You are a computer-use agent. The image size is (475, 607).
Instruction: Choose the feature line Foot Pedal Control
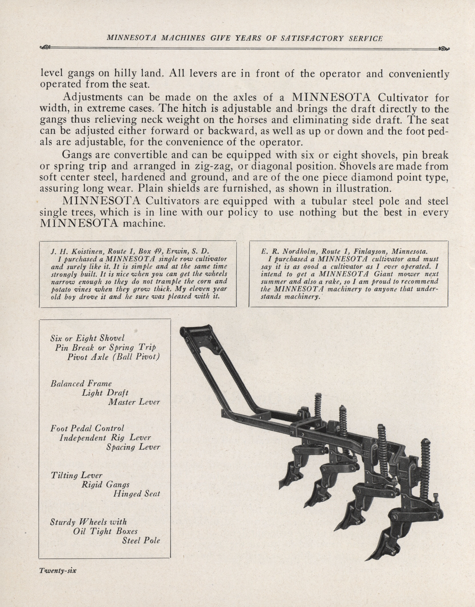click(87, 428)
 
